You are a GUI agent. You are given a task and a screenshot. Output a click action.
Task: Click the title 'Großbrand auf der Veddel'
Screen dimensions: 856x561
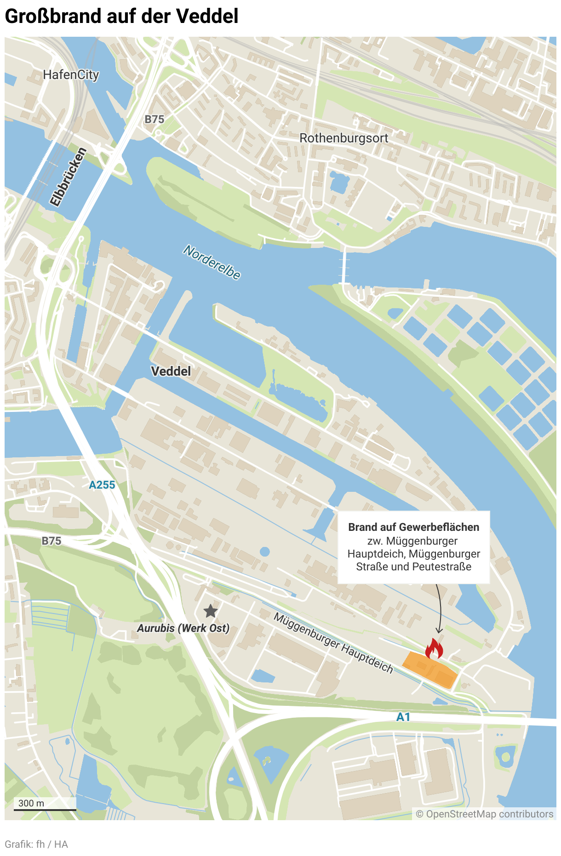[121, 17]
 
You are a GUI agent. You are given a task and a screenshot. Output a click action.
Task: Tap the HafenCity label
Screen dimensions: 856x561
[71, 75]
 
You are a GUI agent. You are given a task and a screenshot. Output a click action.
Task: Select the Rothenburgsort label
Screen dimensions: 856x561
[343, 138]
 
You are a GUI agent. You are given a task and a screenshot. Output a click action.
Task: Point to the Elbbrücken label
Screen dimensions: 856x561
[68, 177]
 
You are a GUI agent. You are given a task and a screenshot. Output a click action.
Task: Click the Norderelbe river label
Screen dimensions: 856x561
[212, 262]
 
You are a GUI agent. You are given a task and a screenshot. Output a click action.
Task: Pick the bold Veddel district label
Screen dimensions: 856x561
[171, 371]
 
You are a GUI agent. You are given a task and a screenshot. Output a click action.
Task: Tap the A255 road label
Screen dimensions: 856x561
[102, 485]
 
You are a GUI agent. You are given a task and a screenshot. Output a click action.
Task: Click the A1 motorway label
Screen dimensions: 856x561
[403, 717]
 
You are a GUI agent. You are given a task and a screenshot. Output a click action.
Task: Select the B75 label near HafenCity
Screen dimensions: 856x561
[154, 119]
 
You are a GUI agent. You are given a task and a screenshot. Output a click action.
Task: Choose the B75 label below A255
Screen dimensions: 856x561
[51, 541]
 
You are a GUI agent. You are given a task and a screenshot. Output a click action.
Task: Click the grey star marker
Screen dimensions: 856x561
[211, 611]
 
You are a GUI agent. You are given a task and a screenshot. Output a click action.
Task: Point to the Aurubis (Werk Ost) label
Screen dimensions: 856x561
[183, 628]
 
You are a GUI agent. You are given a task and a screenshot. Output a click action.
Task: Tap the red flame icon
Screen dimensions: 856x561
[434, 648]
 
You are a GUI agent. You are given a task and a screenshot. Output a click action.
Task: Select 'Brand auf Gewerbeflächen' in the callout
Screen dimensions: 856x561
[413, 527]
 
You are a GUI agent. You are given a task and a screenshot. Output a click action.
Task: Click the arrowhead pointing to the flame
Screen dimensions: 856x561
[439, 631]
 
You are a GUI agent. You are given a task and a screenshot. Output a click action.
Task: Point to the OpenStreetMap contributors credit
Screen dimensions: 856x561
[485, 814]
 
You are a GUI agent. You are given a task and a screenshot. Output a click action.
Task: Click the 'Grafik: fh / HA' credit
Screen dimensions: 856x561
[36, 844]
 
